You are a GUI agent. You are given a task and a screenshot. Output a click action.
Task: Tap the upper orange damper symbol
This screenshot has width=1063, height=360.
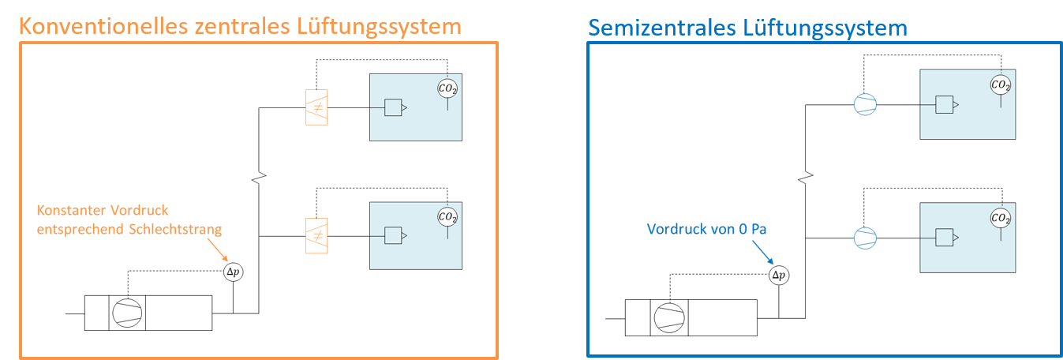click(316, 107)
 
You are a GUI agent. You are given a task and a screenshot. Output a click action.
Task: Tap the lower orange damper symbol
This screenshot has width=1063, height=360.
click(316, 235)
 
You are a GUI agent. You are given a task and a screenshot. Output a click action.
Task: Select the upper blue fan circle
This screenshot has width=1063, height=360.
click(866, 105)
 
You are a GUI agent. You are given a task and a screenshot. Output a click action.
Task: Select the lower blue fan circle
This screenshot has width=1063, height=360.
click(866, 238)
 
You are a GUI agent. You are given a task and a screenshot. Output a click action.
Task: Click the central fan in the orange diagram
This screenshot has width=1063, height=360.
click(127, 313)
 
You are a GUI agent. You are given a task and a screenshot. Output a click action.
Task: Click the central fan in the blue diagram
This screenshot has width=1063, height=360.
click(669, 318)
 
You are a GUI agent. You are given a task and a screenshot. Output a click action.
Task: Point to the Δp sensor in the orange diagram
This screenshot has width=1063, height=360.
click(233, 272)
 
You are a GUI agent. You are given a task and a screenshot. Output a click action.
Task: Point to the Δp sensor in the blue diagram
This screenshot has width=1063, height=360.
click(778, 276)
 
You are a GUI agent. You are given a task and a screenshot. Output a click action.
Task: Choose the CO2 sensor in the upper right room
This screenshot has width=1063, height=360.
click(1001, 84)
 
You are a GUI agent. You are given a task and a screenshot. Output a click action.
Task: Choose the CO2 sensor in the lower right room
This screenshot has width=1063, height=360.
click(1001, 218)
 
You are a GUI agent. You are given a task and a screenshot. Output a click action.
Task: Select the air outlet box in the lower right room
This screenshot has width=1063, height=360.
click(945, 238)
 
